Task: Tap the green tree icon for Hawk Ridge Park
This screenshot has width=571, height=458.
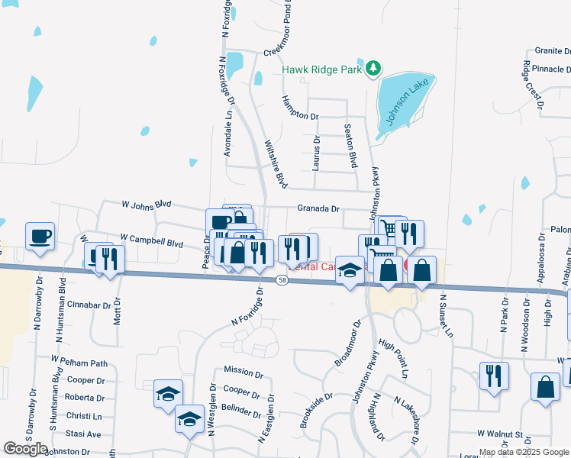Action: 373,69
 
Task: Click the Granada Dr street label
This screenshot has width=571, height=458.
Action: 318,208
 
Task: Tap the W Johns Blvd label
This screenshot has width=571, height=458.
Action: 147,205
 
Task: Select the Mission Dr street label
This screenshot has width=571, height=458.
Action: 244,370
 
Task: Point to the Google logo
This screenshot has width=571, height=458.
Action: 25,449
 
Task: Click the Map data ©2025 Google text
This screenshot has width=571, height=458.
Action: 523,452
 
